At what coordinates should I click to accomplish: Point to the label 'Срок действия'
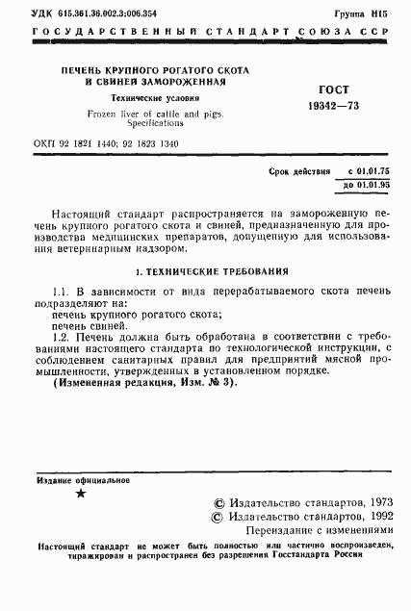tap(300, 169)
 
